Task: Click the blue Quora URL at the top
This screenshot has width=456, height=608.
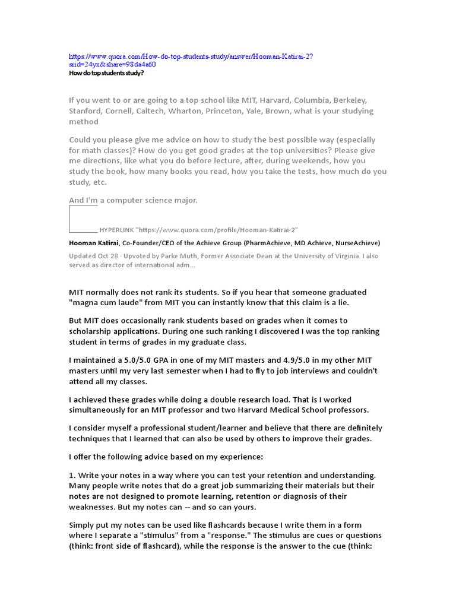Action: (191, 56)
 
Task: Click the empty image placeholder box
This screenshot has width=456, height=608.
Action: (83, 218)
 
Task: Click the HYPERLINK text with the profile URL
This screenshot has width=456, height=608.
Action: (198, 229)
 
